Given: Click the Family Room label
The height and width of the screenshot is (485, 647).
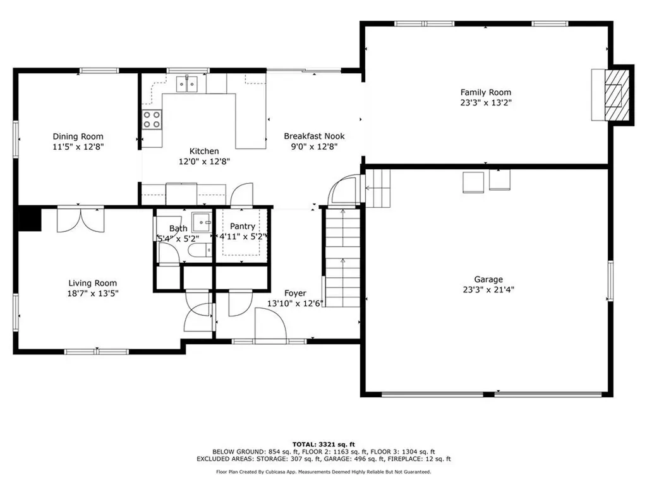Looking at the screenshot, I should pyautogui.click(x=485, y=92).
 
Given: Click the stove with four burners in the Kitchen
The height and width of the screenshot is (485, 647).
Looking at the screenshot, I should pyautogui.click(x=152, y=119).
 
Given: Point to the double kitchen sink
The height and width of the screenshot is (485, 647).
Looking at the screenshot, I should pyautogui.click(x=188, y=83).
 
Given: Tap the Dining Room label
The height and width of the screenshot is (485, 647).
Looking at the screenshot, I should pyautogui.click(x=78, y=136).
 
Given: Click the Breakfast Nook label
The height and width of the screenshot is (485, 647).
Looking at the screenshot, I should pyautogui.click(x=314, y=136).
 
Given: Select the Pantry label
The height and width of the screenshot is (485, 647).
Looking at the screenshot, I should pyautogui.click(x=243, y=226).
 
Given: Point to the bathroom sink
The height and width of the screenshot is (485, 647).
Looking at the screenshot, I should pyautogui.click(x=202, y=222).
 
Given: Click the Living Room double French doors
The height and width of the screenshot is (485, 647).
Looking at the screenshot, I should pyautogui.click(x=80, y=219).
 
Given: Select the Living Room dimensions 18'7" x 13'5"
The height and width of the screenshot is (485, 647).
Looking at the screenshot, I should pyautogui.click(x=93, y=294).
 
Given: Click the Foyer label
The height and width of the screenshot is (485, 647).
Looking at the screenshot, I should pyautogui.click(x=295, y=293).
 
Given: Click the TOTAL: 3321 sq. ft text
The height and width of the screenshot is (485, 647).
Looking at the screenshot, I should pyautogui.click(x=323, y=444).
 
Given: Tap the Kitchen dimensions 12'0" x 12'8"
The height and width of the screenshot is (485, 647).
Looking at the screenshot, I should pyautogui.click(x=204, y=161).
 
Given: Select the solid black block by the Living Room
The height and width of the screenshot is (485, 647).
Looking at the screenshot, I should pyautogui.click(x=30, y=219).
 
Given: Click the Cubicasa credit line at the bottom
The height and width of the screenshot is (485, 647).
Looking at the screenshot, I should pyautogui.click(x=323, y=472).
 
